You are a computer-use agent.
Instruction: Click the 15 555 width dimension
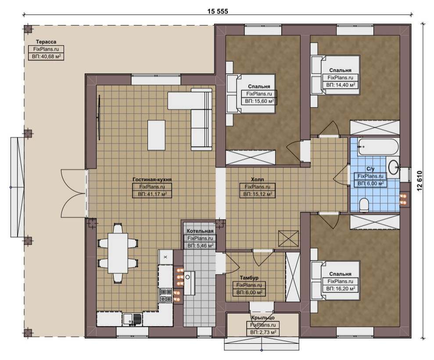[218, 11]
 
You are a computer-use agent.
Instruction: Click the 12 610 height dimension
[420, 180]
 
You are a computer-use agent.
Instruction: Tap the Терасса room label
[46, 42]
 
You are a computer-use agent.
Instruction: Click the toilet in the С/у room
[364, 205]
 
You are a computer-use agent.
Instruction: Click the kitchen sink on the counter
[132, 319]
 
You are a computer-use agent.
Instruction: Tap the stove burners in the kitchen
[165, 295]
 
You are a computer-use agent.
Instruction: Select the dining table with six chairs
[118, 253]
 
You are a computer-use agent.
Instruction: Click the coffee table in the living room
[156, 135]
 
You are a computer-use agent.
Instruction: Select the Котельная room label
[200, 231]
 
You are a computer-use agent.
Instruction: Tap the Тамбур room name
[249, 277]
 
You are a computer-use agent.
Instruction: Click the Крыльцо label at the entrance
[263, 318]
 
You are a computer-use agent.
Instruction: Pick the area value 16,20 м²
[341, 288]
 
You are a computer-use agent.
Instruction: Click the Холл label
[258, 179]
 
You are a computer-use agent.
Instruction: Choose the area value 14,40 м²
[341, 85]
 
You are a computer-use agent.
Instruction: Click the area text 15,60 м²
[259, 101]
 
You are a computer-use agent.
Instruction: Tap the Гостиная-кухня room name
[152, 179]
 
